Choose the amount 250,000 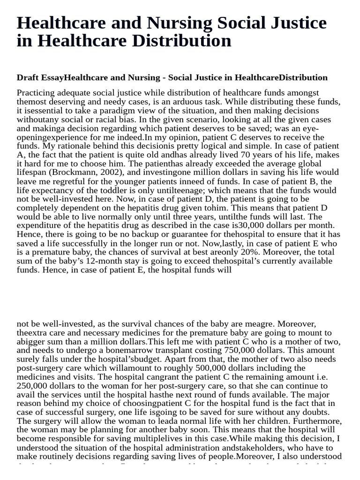(33, 386)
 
